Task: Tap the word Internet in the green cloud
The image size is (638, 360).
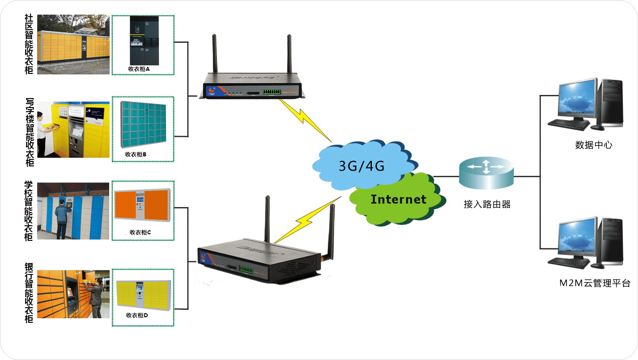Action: point(398,199)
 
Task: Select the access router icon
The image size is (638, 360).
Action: point(487,171)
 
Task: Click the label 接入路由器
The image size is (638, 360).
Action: point(487,205)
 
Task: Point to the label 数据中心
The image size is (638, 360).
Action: point(594,145)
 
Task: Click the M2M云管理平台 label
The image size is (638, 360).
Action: point(595,283)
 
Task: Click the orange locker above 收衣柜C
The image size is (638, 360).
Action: point(142,204)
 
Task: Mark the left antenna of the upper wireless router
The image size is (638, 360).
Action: point(214,55)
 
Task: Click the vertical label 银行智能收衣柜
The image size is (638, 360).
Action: point(29,292)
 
